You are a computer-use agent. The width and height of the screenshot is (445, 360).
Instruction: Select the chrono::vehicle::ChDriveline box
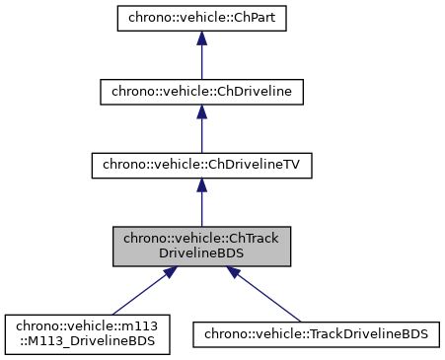point(201,92)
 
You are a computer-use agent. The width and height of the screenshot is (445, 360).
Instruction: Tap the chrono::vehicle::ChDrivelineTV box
point(201,166)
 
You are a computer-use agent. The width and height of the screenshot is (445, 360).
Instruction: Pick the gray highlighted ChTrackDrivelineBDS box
point(201,247)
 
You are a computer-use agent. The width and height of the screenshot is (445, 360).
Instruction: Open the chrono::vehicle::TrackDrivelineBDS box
point(316,333)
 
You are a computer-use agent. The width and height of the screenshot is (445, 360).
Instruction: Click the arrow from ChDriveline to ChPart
point(201,54)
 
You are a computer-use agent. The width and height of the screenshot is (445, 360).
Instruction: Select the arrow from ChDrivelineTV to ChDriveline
point(201,128)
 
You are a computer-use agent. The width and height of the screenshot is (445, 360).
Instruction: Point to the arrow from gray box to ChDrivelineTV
point(201,203)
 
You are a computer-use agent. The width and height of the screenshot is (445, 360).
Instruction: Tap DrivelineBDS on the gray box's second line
point(201,254)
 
